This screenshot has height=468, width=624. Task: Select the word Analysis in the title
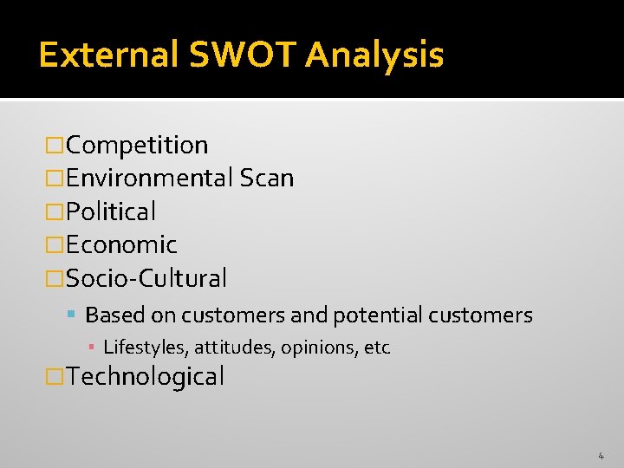(x=374, y=55)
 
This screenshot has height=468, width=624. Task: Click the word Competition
(x=137, y=146)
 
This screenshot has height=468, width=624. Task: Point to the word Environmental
(x=149, y=179)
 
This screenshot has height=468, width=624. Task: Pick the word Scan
(x=267, y=179)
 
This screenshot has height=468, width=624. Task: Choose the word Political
(x=111, y=211)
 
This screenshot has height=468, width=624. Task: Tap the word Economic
(x=121, y=245)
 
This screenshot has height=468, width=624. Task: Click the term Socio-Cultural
(x=146, y=278)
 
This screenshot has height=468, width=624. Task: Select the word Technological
(x=145, y=377)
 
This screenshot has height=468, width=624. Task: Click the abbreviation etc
(x=377, y=348)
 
